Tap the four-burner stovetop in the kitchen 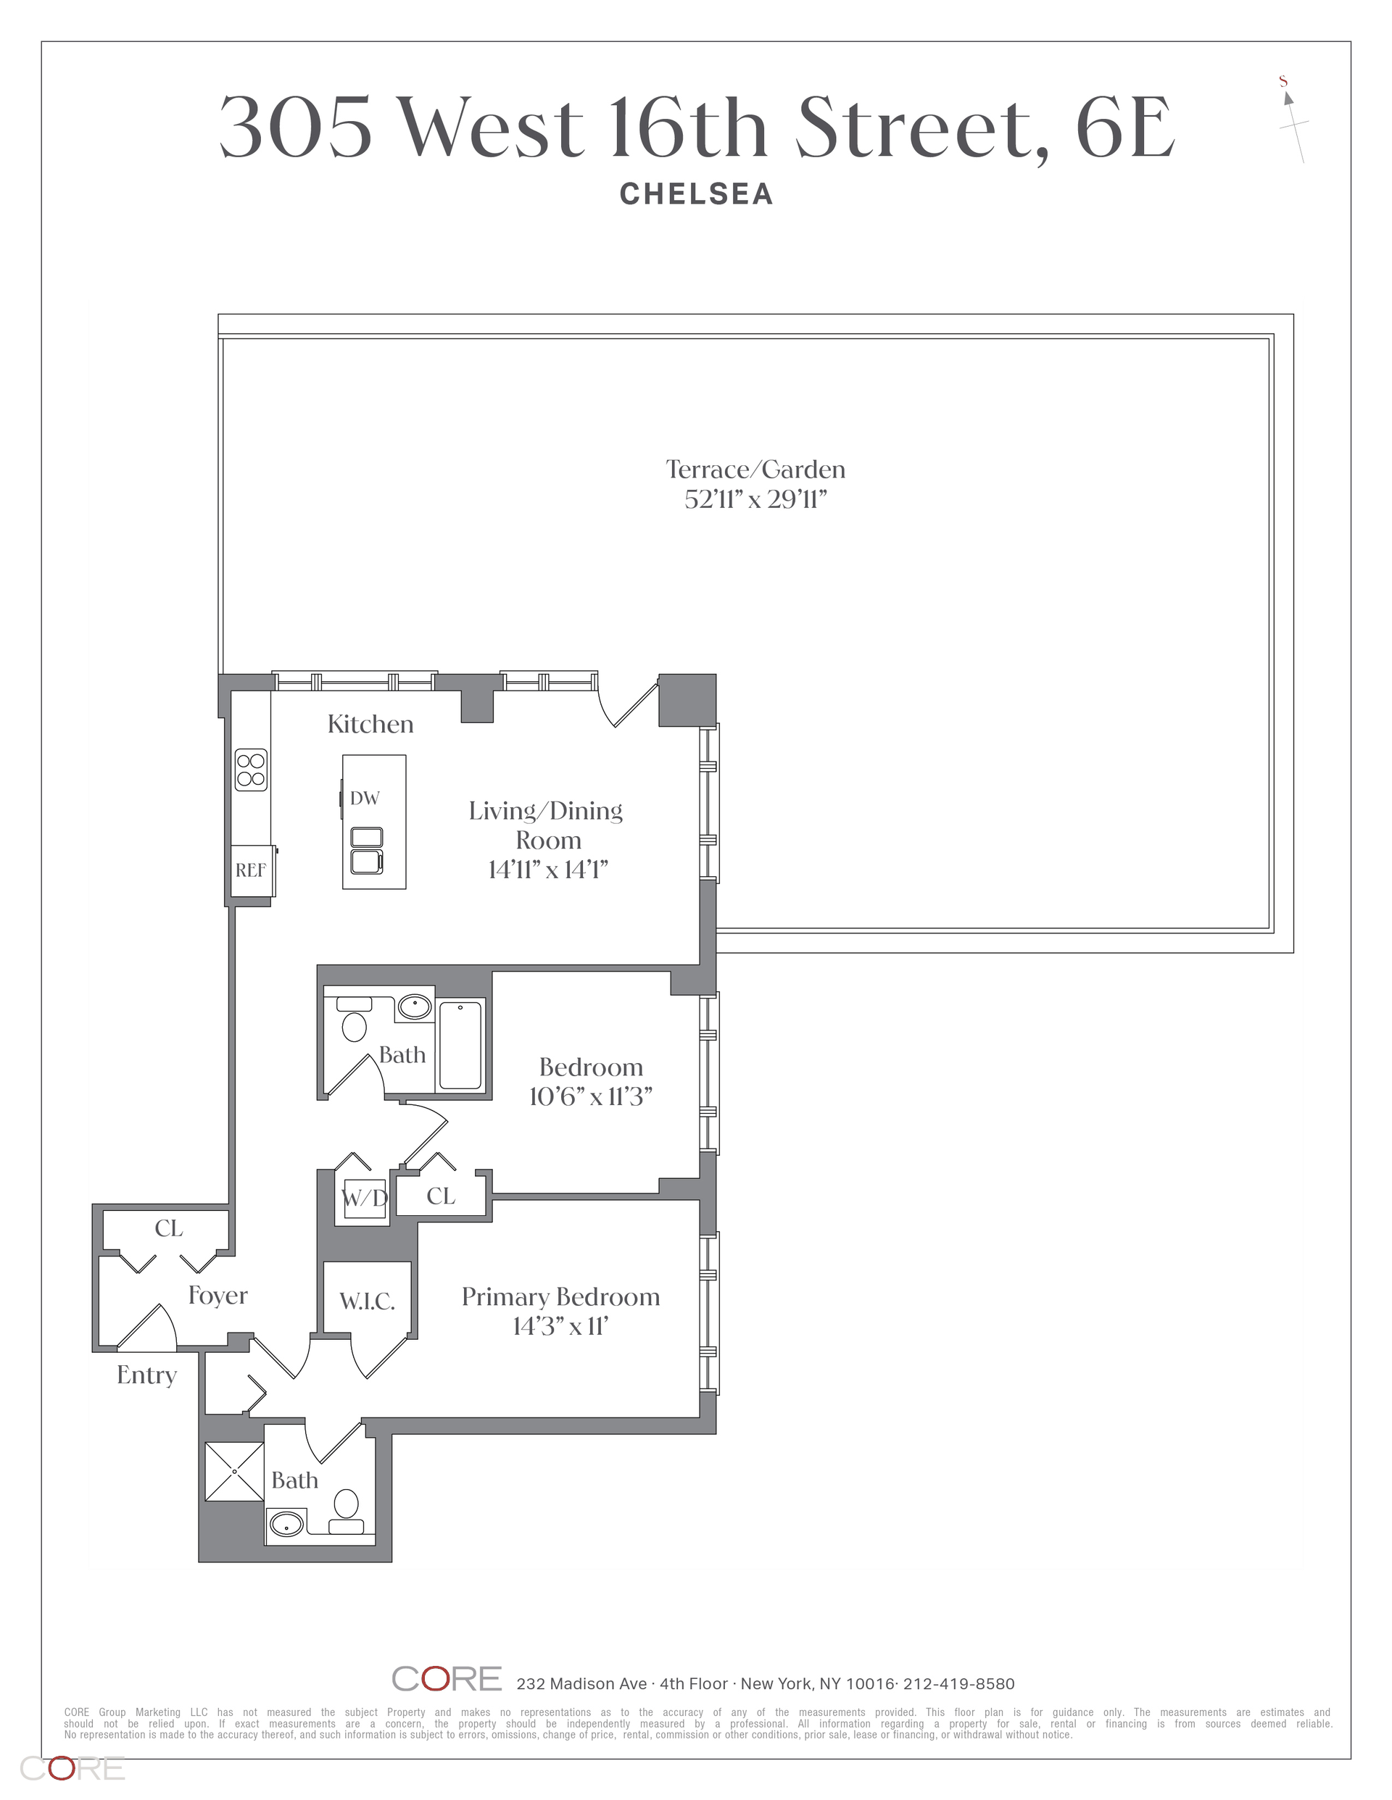pyautogui.click(x=252, y=770)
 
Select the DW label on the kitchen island pyautogui.click(x=365, y=798)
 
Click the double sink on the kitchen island pyautogui.click(x=368, y=851)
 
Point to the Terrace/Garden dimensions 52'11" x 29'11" pyautogui.click(x=755, y=499)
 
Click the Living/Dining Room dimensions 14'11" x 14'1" pyautogui.click(x=547, y=870)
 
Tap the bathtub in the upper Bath pyautogui.click(x=460, y=1045)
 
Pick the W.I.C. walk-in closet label pyautogui.click(x=367, y=1301)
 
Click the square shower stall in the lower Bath pyautogui.click(x=234, y=1471)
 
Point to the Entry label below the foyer pyautogui.click(x=146, y=1375)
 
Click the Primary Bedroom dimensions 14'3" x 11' pyautogui.click(x=560, y=1326)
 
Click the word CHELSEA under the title pyautogui.click(x=697, y=194)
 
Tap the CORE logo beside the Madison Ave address pyautogui.click(x=447, y=1679)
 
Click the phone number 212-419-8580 pyautogui.click(x=959, y=1684)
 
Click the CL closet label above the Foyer pyautogui.click(x=168, y=1228)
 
